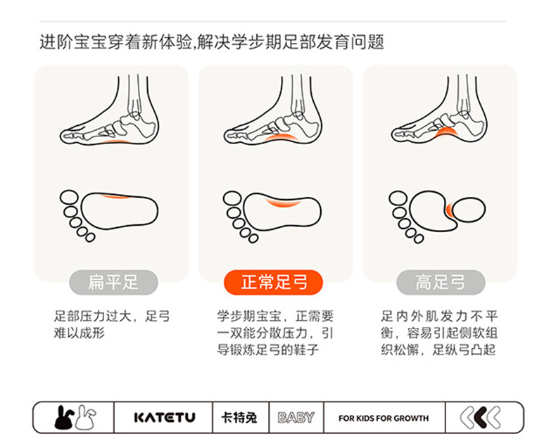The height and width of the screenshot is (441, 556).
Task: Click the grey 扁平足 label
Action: (113, 283)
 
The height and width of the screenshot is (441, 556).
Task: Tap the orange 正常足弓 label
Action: (273, 283)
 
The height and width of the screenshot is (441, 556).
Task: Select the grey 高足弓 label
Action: (441, 283)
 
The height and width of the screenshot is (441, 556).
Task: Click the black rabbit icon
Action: (64, 418)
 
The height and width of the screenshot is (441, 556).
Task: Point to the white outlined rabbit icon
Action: (85, 417)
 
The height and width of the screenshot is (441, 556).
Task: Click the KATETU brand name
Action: (165, 418)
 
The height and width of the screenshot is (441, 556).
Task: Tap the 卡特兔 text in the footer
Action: (239, 418)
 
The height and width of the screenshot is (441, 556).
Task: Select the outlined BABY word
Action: (296, 418)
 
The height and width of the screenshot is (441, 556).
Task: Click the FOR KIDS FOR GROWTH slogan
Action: (384, 418)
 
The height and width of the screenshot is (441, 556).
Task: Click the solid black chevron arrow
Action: (480, 418)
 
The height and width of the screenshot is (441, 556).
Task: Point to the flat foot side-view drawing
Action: (109, 110)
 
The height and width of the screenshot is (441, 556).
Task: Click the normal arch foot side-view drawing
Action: (273, 110)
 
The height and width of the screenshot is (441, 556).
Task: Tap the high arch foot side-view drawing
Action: (440, 110)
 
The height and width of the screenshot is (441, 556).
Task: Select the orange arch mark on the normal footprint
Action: (283, 203)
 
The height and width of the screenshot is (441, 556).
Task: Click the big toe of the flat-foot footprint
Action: (69, 198)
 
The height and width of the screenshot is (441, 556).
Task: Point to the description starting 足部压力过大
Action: (112, 324)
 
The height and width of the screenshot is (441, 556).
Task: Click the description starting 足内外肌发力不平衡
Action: (439, 333)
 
